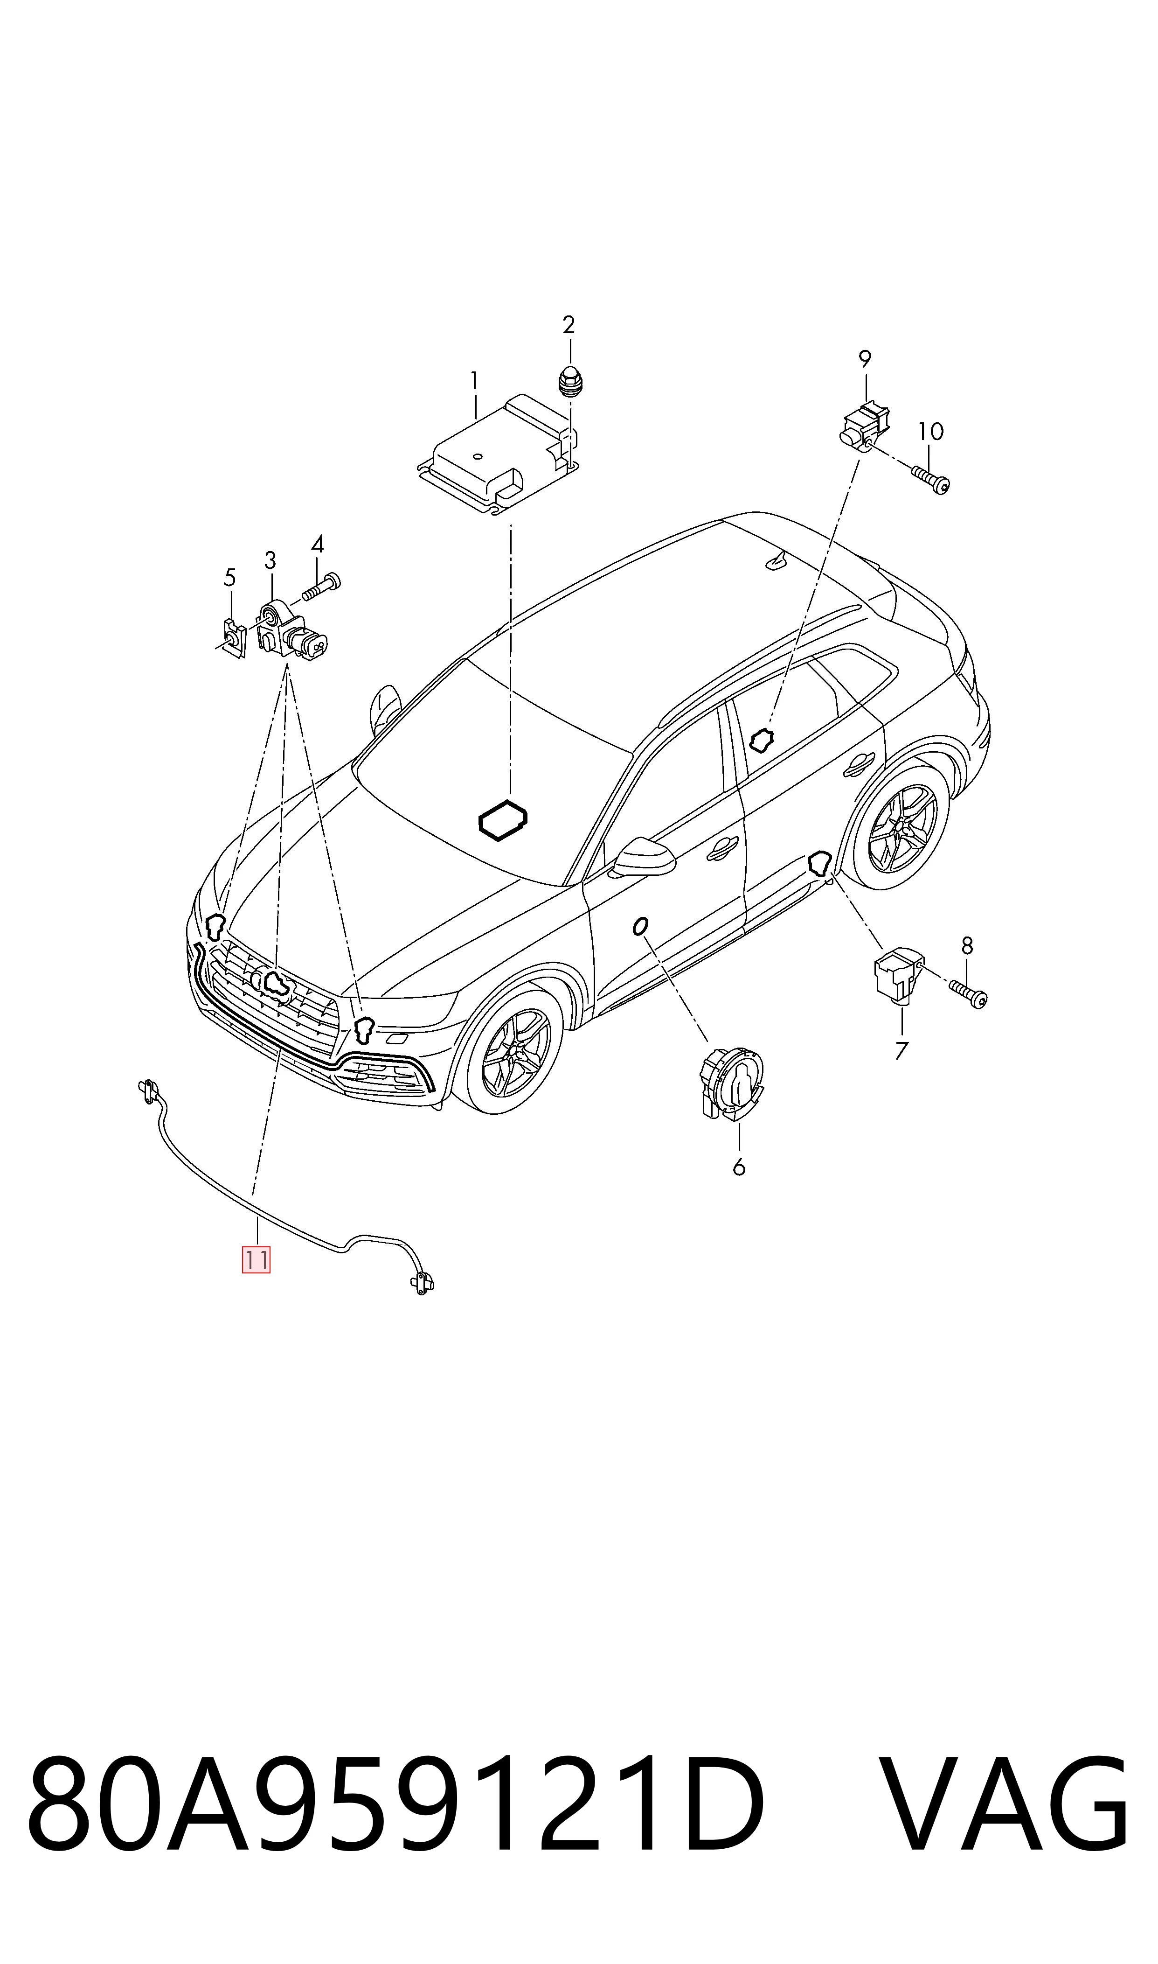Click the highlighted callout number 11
[256, 1260]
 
